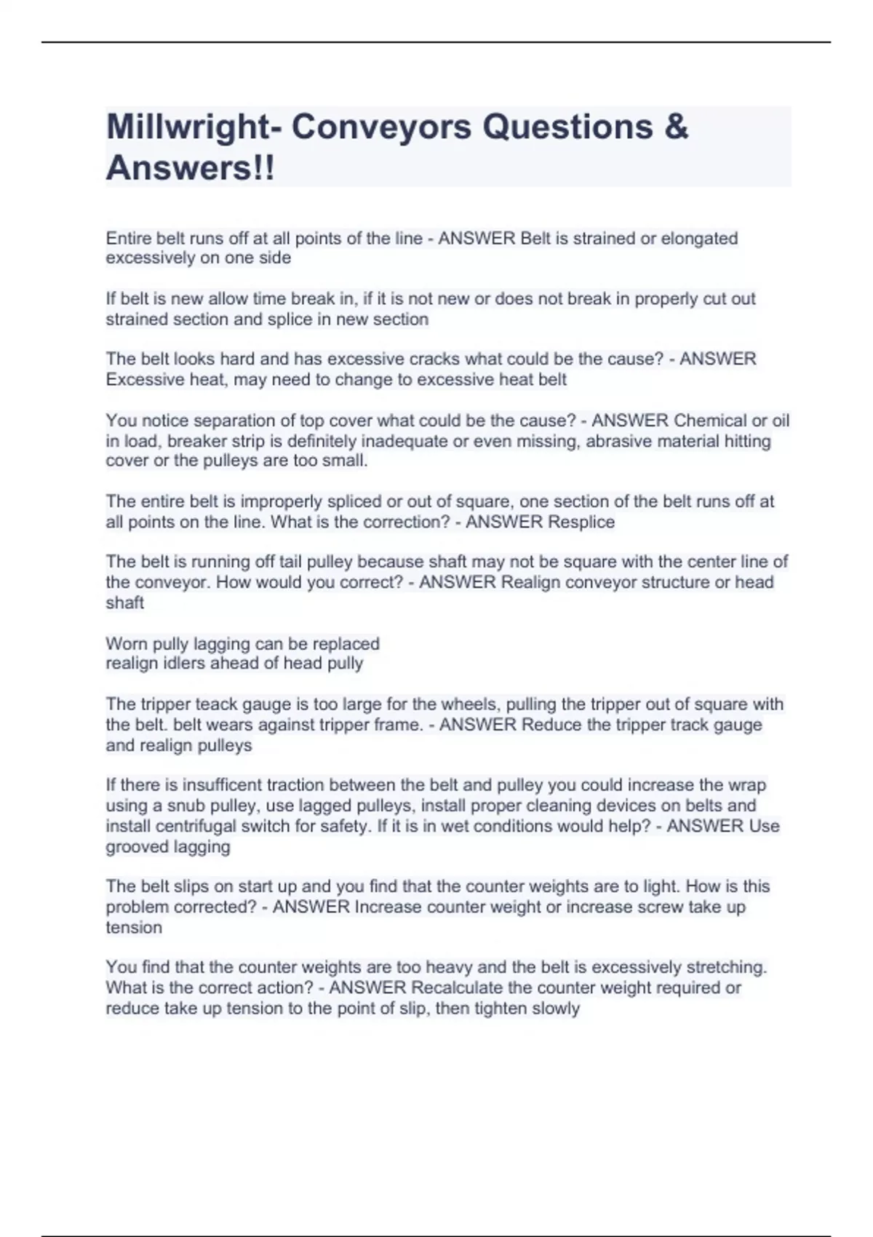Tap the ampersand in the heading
pyautogui.click(x=676, y=127)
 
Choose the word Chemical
pyautogui.click(x=709, y=421)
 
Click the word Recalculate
pyautogui.click(x=457, y=987)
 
